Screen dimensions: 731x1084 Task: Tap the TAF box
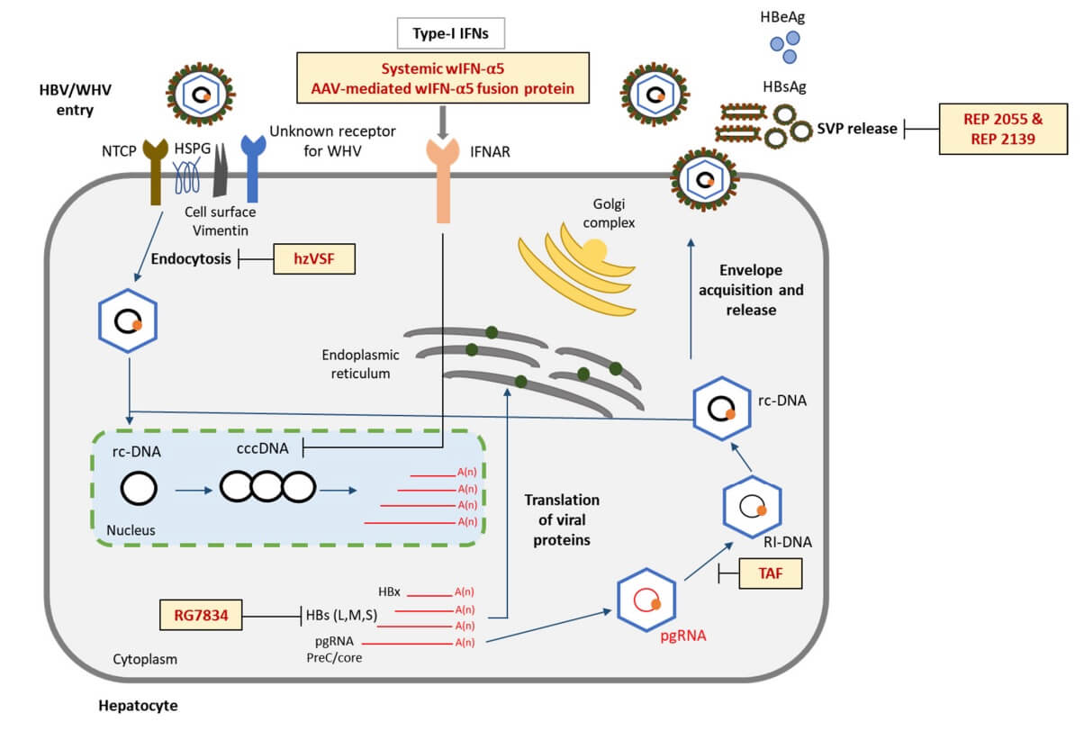tap(770, 573)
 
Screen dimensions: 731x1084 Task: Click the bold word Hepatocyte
tap(138, 706)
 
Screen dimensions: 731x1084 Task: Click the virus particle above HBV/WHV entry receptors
tap(202, 92)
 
